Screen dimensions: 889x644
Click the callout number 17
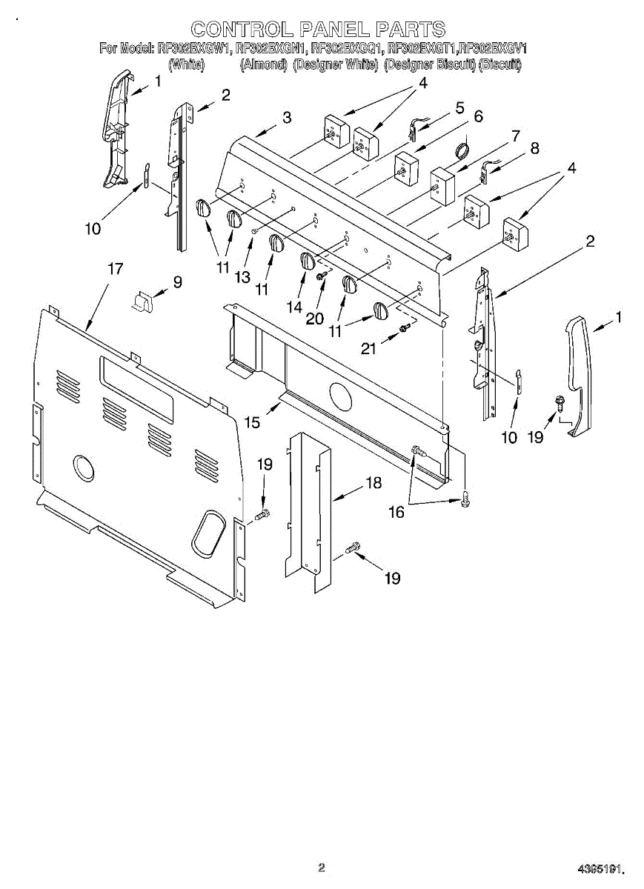[x=115, y=269]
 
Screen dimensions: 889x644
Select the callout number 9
[x=177, y=282]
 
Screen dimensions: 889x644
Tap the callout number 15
[x=252, y=422]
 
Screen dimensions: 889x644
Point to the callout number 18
[x=374, y=483]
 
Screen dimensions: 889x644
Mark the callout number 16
[x=396, y=512]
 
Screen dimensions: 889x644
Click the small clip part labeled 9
[x=142, y=301]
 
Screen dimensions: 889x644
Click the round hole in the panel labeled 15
[x=341, y=398]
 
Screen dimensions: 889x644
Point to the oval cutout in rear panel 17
[x=208, y=532]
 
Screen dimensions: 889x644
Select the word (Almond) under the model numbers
[x=263, y=65]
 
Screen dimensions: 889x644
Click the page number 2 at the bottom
[x=321, y=866]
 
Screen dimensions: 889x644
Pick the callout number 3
[x=287, y=117]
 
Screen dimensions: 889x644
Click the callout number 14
[x=295, y=306]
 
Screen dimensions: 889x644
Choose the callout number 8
[x=533, y=147]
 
